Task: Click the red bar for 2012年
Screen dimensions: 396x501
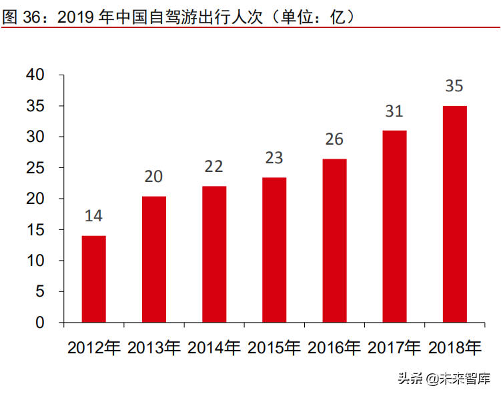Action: point(93,279)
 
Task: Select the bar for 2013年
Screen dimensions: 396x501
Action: point(153,259)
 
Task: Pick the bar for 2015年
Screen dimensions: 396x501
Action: point(274,250)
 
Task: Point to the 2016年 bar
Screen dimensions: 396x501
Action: point(334,241)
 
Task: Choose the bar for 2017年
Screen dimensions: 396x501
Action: point(394,227)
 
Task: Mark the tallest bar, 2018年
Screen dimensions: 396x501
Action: point(454,214)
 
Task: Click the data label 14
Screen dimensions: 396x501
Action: point(93,216)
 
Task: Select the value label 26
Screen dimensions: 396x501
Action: point(334,139)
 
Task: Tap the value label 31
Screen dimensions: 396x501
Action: point(394,111)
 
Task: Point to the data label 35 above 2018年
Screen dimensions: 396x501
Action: point(454,86)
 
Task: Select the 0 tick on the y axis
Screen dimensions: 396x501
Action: point(40,323)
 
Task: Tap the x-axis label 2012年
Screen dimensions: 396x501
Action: point(93,347)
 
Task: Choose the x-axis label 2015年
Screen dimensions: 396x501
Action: point(274,347)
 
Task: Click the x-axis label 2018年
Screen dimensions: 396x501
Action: point(454,347)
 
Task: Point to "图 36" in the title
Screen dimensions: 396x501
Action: point(21,18)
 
